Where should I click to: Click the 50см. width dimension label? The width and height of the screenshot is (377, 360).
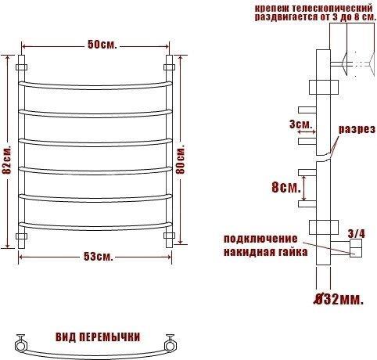tap(102, 45)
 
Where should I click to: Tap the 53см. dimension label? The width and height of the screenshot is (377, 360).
tap(99, 257)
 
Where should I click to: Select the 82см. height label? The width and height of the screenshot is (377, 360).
tap(7, 160)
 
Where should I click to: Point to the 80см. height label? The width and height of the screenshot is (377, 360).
tap(181, 160)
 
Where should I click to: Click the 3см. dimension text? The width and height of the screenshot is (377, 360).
tap(301, 124)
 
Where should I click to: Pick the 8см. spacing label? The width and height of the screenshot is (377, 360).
tap(286, 187)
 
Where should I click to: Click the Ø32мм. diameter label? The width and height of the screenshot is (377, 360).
tap(338, 300)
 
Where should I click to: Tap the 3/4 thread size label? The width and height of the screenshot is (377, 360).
tap(357, 234)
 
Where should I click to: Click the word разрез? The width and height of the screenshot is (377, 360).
tap(357, 129)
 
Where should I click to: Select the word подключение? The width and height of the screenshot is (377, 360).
tap(260, 239)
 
